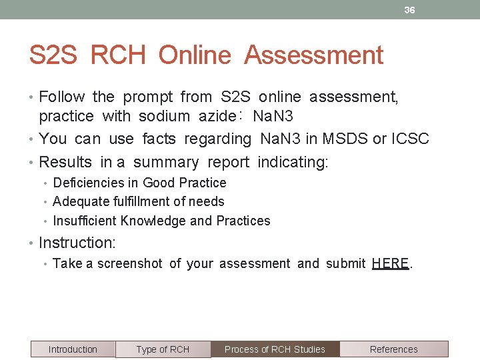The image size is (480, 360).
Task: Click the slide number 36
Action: click(x=409, y=10)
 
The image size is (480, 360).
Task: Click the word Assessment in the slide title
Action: click(x=313, y=55)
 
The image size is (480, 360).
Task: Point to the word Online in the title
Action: click(x=195, y=55)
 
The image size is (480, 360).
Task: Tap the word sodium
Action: click(x=164, y=116)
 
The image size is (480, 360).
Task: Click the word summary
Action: click(x=165, y=162)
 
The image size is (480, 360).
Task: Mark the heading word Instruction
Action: click(x=77, y=243)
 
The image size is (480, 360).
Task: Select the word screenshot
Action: click(x=129, y=263)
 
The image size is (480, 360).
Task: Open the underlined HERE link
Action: click(x=391, y=263)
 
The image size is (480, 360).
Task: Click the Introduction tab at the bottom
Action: click(x=73, y=349)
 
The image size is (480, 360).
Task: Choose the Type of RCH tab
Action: click(x=163, y=349)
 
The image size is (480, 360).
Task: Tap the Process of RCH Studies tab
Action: click(x=275, y=349)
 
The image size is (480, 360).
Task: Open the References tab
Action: click(x=393, y=349)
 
